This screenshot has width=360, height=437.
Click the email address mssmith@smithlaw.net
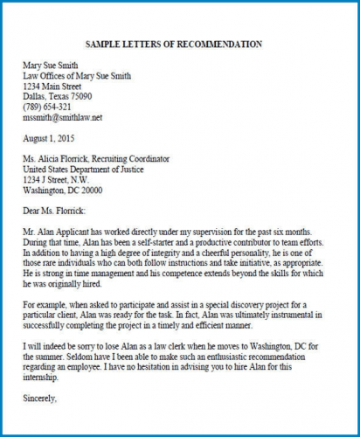click(x=63, y=117)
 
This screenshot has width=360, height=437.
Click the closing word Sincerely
click(x=39, y=399)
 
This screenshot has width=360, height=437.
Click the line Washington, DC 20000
click(x=63, y=189)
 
